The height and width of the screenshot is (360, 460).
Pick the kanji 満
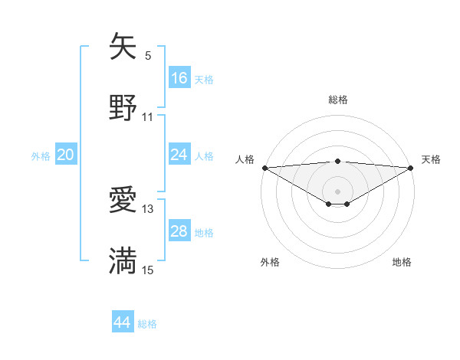pyautogui.click(x=123, y=260)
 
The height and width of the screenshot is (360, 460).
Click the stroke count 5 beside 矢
pyautogui.click(x=148, y=55)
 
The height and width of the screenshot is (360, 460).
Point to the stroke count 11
pyautogui.click(x=148, y=117)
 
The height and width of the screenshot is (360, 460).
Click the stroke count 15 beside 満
pyautogui.click(x=148, y=270)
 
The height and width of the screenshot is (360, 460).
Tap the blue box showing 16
pyautogui.click(x=179, y=78)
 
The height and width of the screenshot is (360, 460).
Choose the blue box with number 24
pyautogui.click(x=179, y=155)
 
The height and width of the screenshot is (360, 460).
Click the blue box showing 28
pyautogui.click(x=179, y=231)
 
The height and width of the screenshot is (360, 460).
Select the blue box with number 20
pyautogui.click(x=66, y=155)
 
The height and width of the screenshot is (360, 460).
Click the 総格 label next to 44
pyautogui.click(x=147, y=324)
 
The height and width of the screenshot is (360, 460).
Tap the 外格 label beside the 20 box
pyautogui.click(x=41, y=156)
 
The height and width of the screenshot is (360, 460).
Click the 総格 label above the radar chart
pyautogui.click(x=337, y=100)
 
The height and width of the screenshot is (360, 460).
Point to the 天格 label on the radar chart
pyautogui.click(x=432, y=159)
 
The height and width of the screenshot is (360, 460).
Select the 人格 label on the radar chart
pyautogui.click(x=245, y=159)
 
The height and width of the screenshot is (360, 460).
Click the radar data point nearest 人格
pyautogui.click(x=264, y=168)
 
